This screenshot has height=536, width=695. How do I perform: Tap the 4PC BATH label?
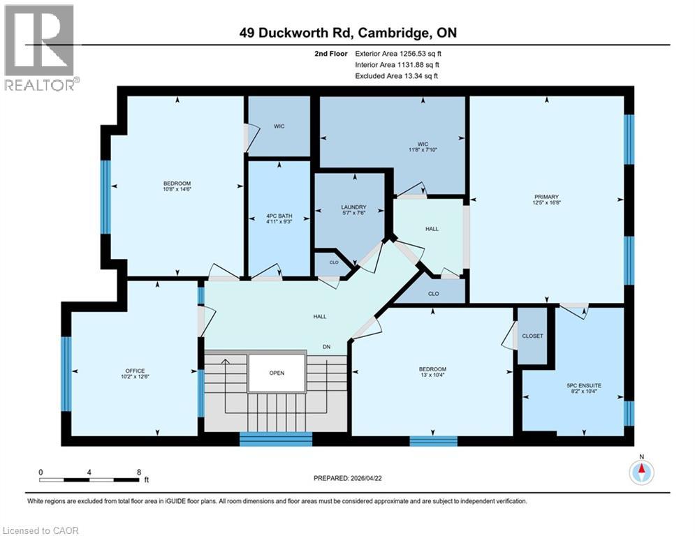(x=279, y=215)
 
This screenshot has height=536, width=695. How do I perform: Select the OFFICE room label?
(x=134, y=371)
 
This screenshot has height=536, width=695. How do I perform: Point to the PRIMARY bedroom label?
(x=546, y=197)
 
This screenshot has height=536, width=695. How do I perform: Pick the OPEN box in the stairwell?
(x=277, y=373)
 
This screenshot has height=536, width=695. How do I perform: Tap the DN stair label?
(x=326, y=347)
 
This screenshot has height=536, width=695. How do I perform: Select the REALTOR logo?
(x=41, y=47)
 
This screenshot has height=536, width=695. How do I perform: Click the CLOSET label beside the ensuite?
(x=532, y=336)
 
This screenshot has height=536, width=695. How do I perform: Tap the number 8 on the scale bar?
(x=138, y=472)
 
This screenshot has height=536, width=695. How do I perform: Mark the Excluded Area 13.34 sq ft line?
(x=397, y=75)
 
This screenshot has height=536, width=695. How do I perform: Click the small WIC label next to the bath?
(x=278, y=126)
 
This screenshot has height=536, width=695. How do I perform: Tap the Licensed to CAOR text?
(x=41, y=530)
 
